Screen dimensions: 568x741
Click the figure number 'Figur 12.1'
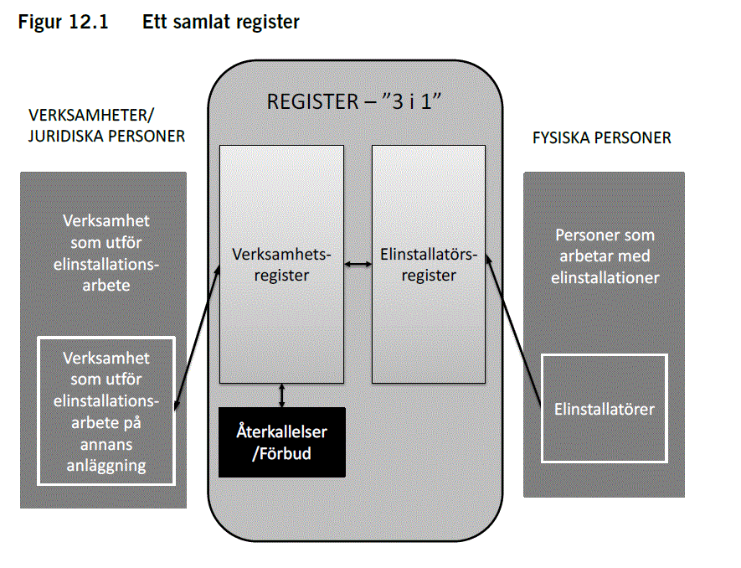click(x=63, y=23)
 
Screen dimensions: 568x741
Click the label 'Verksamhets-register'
click(x=281, y=264)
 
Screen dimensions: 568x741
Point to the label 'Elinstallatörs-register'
click(x=428, y=264)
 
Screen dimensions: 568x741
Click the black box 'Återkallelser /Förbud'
click(x=281, y=441)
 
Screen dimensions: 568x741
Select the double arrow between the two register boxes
click(x=358, y=265)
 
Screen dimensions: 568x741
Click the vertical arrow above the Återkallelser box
click(x=282, y=395)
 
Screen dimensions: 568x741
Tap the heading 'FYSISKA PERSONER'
click(x=601, y=137)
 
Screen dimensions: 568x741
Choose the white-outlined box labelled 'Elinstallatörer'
click(x=604, y=409)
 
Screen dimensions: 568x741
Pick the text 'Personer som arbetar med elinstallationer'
click(x=604, y=256)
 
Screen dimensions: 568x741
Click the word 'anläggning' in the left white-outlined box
click(x=106, y=465)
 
